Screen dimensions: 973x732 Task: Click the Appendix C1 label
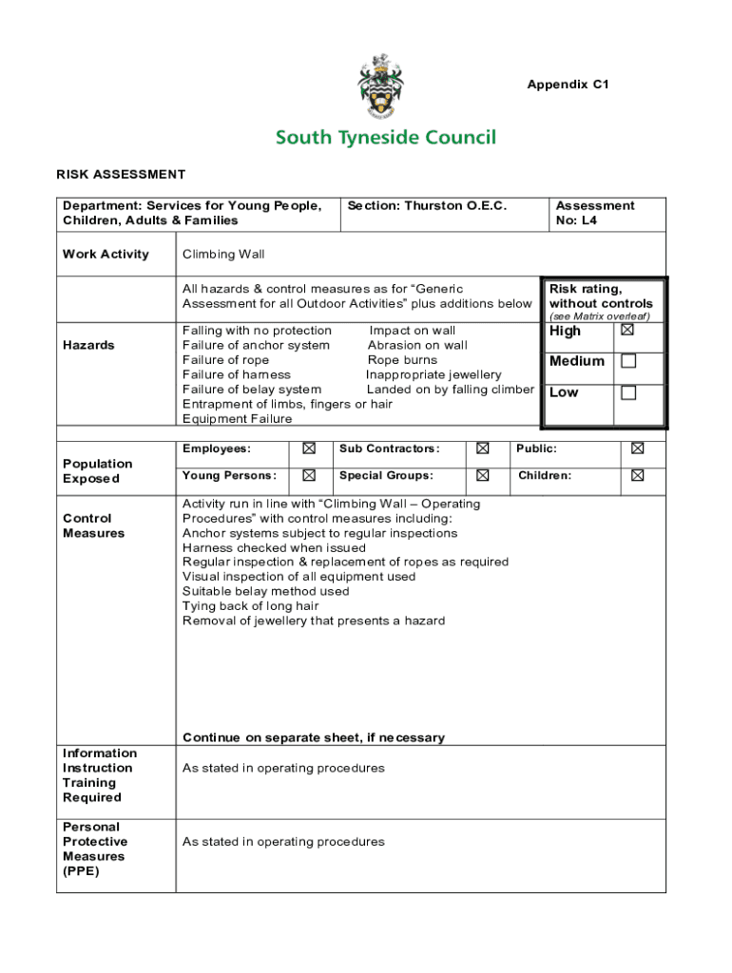pos(568,85)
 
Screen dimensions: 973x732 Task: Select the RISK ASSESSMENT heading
pos(121,174)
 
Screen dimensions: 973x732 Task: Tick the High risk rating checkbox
pos(626,331)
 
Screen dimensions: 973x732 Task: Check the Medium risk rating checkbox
pos(627,361)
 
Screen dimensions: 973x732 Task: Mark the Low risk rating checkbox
pos(627,392)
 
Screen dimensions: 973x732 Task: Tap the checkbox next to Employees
pos(309,448)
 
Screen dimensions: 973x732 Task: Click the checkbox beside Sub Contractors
pos(483,448)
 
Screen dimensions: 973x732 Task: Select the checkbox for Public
pos(637,448)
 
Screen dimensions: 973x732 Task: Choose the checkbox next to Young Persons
pos(309,475)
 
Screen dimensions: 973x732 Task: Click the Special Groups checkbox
pos(483,475)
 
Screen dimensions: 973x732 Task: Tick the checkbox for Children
pos(637,475)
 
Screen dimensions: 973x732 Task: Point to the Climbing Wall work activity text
pos(223,254)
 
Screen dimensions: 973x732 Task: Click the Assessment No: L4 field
pos(594,213)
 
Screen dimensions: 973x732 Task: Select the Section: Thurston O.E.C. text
pos(427,205)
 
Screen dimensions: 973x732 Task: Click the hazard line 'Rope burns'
pos(402,360)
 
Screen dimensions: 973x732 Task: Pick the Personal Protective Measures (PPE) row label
pos(95,849)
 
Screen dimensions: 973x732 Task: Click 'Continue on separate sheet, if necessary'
pos(313,737)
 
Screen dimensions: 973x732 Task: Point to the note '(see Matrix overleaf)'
pos(599,315)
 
